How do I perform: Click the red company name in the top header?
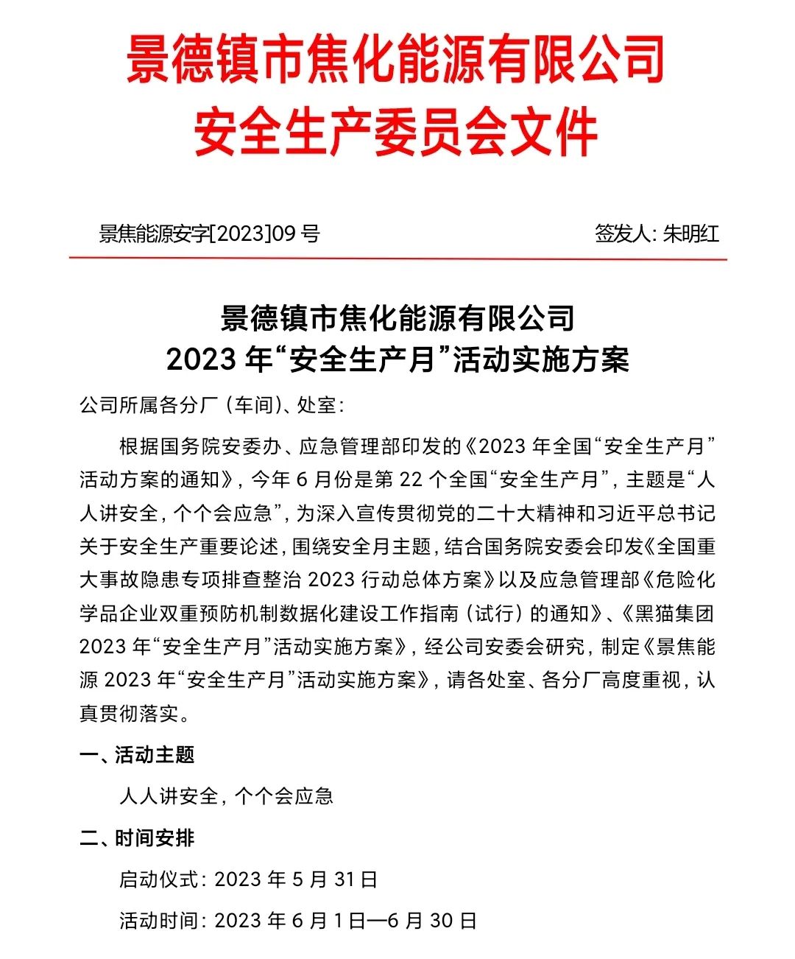(x=395, y=59)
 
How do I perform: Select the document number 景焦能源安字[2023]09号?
(x=210, y=234)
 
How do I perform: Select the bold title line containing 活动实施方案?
(x=397, y=359)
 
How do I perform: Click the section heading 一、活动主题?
(x=137, y=755)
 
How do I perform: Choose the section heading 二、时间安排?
(x=137, y=838)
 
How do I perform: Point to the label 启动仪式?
(x=159, y=879)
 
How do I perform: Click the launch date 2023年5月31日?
(x=296, y=879)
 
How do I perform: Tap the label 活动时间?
(x=159, y=921)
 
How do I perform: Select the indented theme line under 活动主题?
(x=226, y=796)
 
